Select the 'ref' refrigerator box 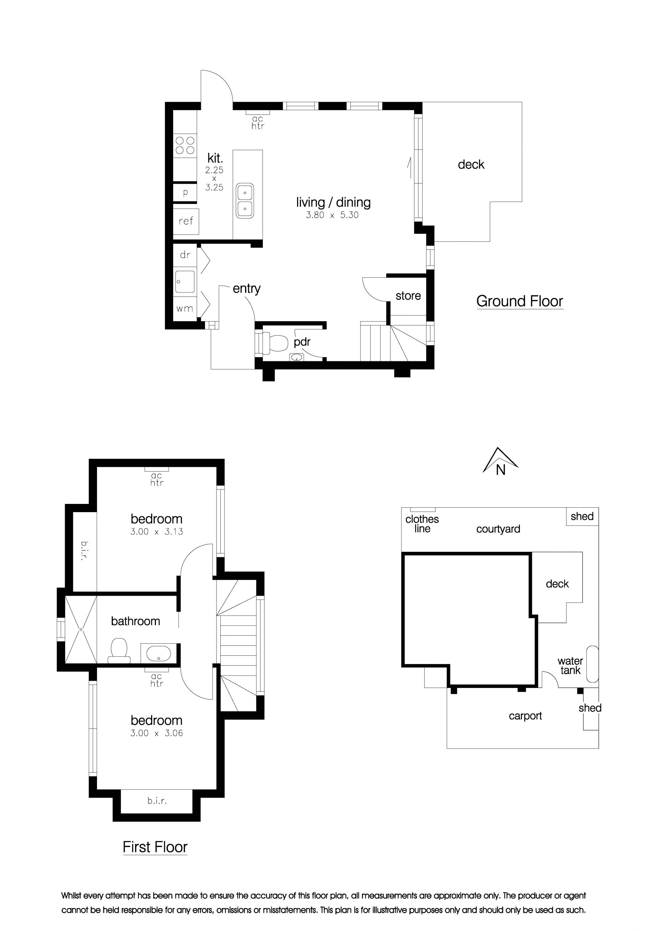click(x=186, y=221)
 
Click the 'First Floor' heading click(x=155, y=847)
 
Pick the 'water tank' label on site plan click(x=570, y=666)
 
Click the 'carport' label click(x=525, y=716)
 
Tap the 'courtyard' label click(x=498, y=529)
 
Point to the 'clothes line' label click(x=422, y=524)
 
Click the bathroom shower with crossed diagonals click(x=81, y=629)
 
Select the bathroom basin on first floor click(x=158, y=653)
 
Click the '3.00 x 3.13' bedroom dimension click(x=157, y=532)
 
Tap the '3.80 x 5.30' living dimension click(x=332, y=215)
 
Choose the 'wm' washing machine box click(x=185, y=308)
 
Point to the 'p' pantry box click(x=185, y=193)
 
